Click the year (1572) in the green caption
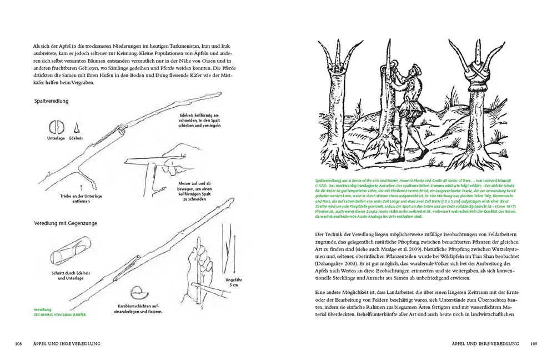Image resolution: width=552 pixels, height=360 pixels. tap(322, 184)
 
